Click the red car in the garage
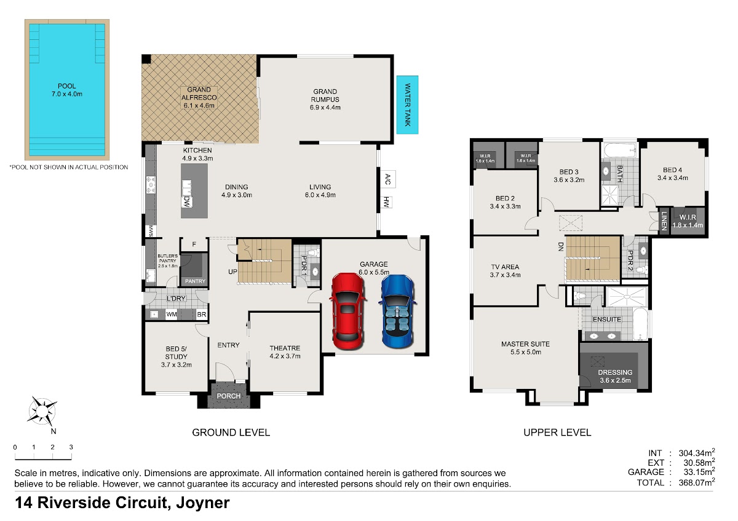coord(347,311)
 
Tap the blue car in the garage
coord(397,311)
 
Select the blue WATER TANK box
coord(407,105)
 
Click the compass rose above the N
coord(42,411)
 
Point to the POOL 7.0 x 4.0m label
coord(67,90)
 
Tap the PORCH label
coord(229,396)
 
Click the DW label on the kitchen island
coord(187,202)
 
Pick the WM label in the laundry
coord(172,315)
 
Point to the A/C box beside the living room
coord(388,179)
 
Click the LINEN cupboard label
coord(664,221)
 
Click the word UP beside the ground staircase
coord(232,272)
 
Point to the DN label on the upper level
coord(561,246)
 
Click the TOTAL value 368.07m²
coord(696,482)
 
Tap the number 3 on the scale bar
coord(71,447)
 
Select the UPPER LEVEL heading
coord(557,432)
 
